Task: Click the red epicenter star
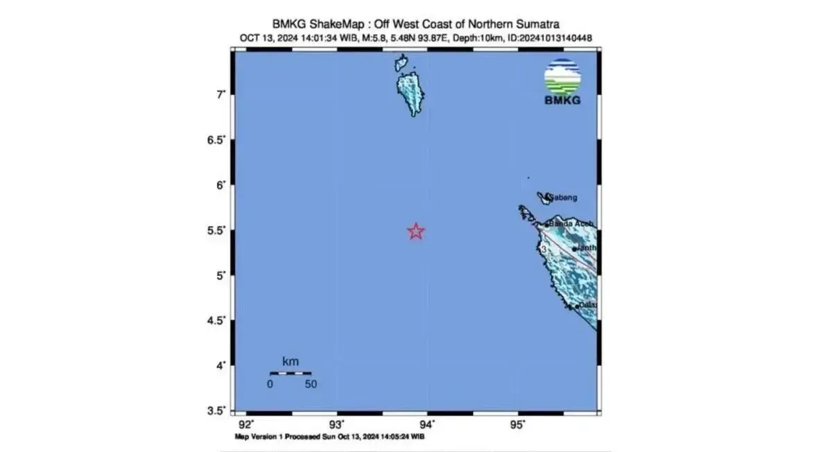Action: [x=415, y=231]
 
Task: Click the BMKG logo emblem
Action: [x=562, y=77]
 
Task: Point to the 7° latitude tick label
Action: [x=220, y=94]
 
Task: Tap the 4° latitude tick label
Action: [x=220, y=365]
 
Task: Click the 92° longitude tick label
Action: [x=245, y=424]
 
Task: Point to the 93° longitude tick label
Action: [x=336, y=424]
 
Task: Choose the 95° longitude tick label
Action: [x=518, y=424]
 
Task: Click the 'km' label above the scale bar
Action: [x=291, y=362]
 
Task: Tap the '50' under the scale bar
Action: [x=310, y=385]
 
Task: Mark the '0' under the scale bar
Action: [x=270, y=385]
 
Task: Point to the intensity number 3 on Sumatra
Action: [x=545, y=247]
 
